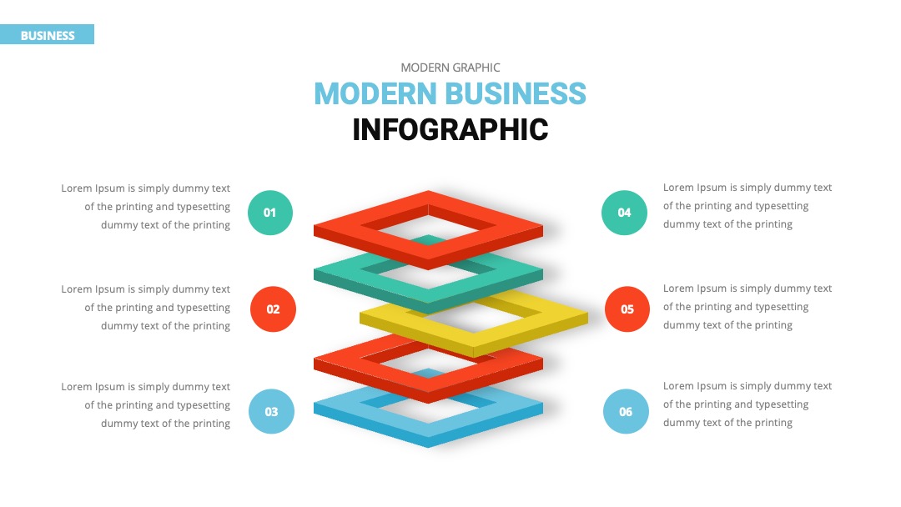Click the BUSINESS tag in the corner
click(x=47, y=34)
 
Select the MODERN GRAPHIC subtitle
click(x=450, y=68)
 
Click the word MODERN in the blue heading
click(x=375, y=93)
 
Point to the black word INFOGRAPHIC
click(x=450, y=130)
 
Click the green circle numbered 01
click(x=270, y=213)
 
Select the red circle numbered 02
click(x=273, y=309)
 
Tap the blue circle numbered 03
click(x=271, y=411)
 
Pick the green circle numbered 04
click(x=624, y=213)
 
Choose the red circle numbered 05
click(x=627, y=309)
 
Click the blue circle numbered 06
click(x=626, y=411)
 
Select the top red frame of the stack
click(x=345, y=229)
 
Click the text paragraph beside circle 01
click(x=145, y=207)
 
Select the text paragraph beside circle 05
click(x=747, y=307)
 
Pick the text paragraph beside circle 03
click(x=145, y=404)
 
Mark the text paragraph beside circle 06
click(x=747, y=404)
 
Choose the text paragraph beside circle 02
click(x=145, y=307)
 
